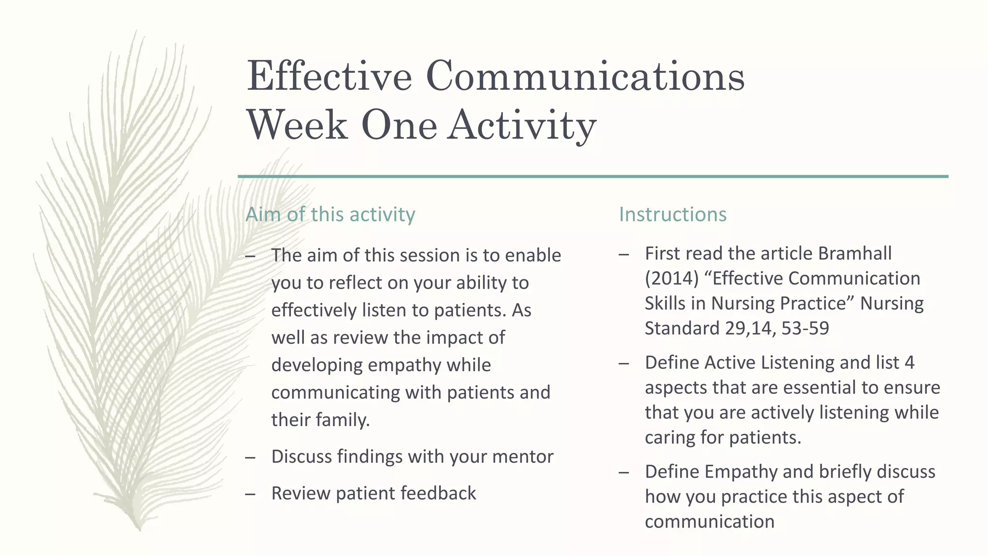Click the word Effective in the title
point(329,76)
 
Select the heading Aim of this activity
point(330,214)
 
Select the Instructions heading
point(672,214)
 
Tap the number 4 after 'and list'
point(909,362)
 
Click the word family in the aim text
point(343,420)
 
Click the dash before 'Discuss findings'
point(250,457)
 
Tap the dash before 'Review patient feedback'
point(250,494)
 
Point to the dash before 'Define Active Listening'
point(624,363)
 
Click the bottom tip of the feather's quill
point(139,529)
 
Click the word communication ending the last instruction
point(709,522)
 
